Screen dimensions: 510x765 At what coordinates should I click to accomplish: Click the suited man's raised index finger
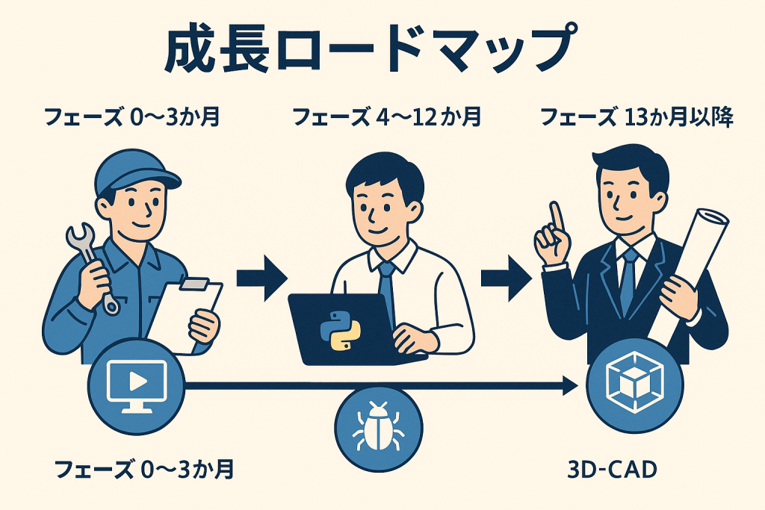click(555, 216)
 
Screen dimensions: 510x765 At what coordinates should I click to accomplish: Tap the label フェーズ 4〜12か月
click(386, 117)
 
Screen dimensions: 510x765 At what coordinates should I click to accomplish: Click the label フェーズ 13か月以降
click(637, 117)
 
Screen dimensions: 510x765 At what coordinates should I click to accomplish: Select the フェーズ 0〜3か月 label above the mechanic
click(132, 117)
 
